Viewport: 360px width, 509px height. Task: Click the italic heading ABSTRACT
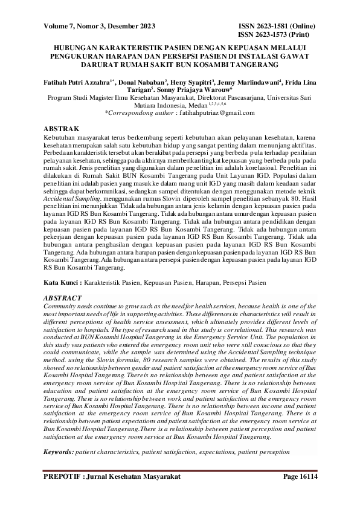63,298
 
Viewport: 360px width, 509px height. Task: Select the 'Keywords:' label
59,451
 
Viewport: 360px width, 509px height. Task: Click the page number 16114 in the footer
306,477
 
